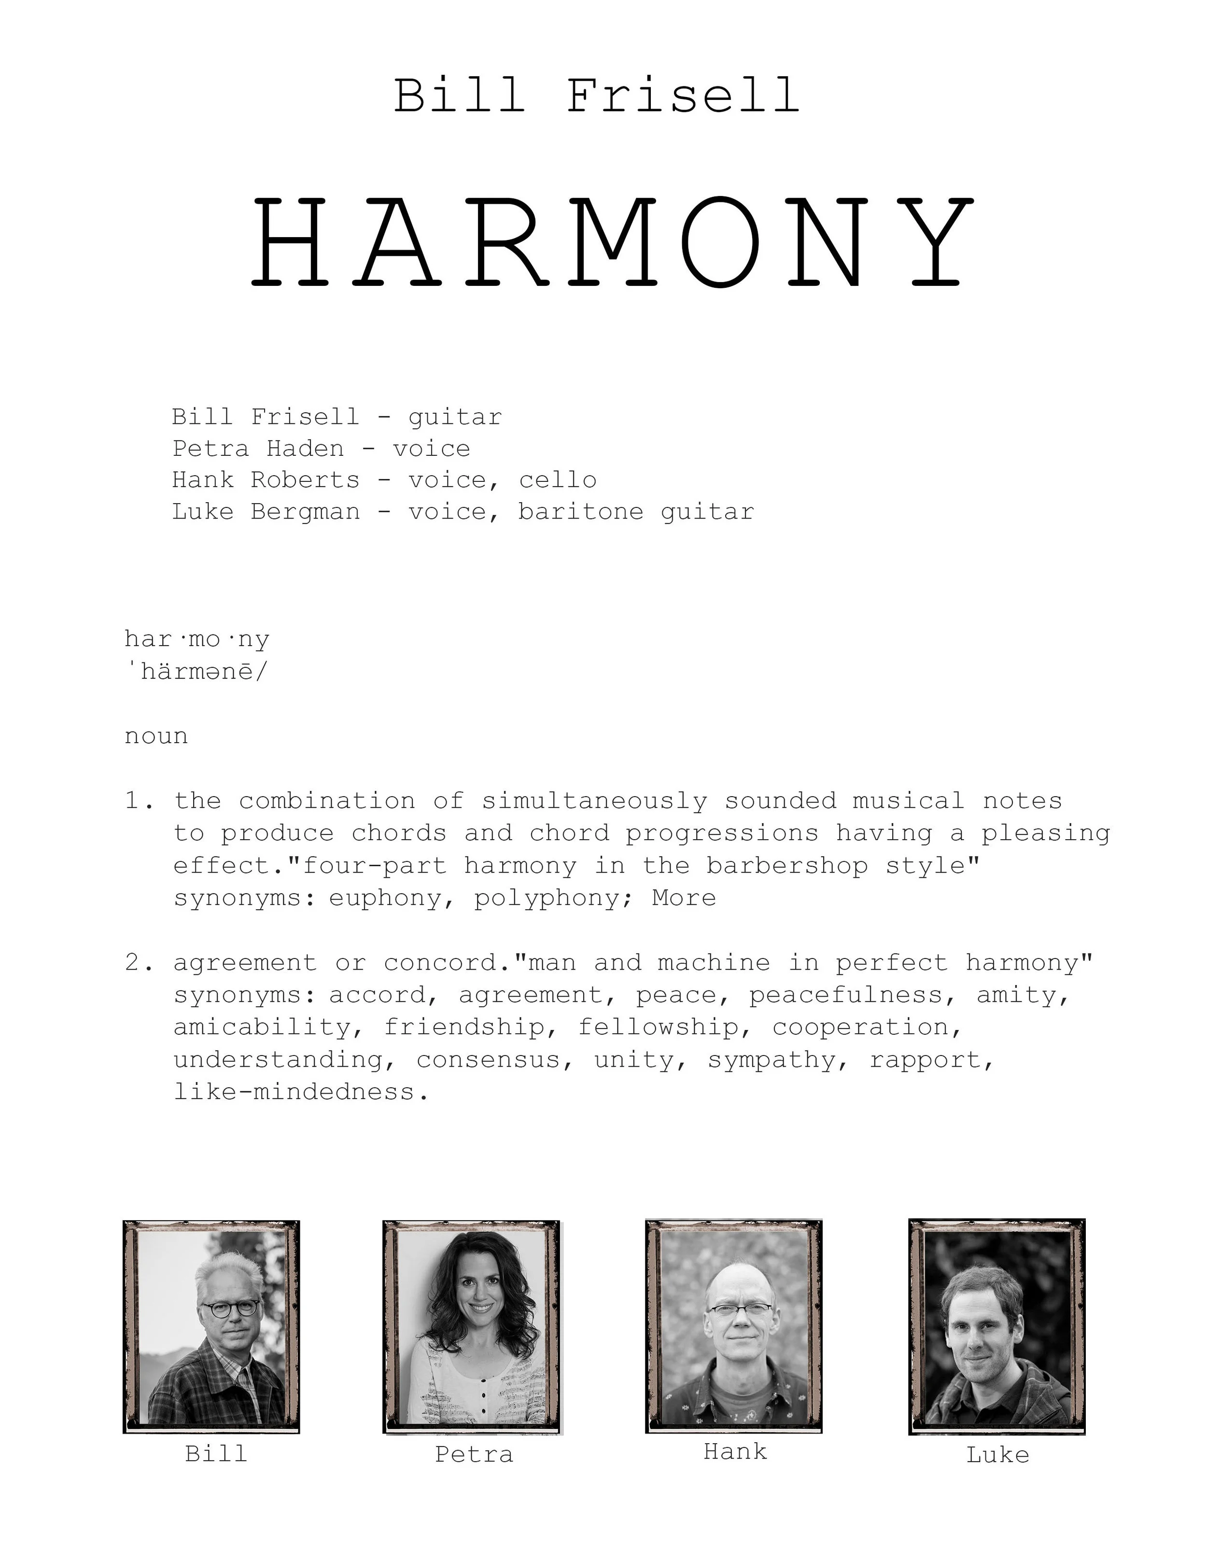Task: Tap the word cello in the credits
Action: (557, 480)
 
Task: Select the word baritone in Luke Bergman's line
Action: (581, 512)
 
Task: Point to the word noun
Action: (156, 736)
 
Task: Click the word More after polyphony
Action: (684, 898)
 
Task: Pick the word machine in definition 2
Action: (714, 963)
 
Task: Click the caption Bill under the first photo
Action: (216, 1453)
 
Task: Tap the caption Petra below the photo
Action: (474, 1455)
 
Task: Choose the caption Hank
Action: (735, 1452)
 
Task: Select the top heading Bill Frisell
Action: (596, 96)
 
